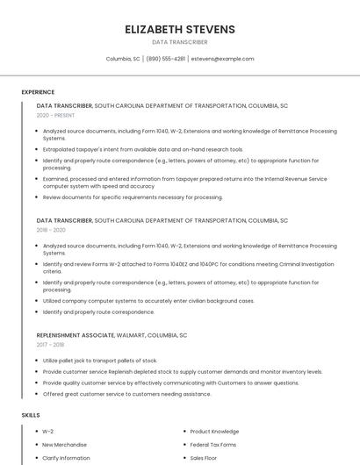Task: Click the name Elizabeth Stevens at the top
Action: click(180, 29)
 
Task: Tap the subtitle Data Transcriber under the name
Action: click(180, 42)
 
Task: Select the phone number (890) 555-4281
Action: click(166, 59)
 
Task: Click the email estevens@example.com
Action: click(222, 59)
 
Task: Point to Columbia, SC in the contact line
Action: click(123, 59)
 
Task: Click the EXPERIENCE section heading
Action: click(38, 92)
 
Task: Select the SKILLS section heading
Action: click(30, 414)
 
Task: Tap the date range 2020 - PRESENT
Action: click(55, 115)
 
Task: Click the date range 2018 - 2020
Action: click(51, 230)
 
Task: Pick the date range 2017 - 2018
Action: click(50, 345)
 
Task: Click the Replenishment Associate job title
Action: click(75, 335)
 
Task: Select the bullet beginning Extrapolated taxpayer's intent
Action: click(143, 149)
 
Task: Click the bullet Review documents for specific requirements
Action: click(133, 197)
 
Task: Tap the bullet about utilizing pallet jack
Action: click(100, 361)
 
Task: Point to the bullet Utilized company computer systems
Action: click(148, 301)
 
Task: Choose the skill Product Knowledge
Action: click(214, 432)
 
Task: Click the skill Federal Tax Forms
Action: click(213, 445)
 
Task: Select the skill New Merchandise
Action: click(66, 445)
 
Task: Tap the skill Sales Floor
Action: click(204, 458)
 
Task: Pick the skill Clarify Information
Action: click(67, 458)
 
